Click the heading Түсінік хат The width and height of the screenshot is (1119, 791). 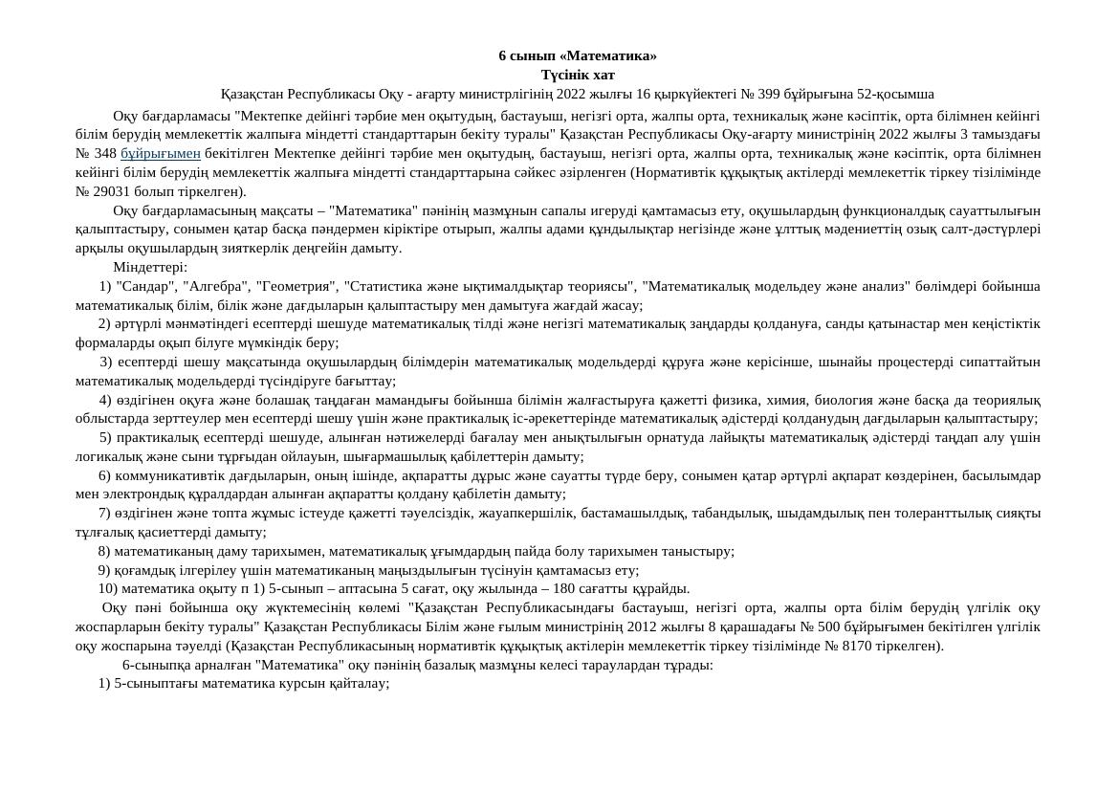[578, 75]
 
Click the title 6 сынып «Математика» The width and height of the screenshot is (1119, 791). [578, 55]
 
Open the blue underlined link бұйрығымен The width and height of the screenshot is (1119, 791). [161, 153]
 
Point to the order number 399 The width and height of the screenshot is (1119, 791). [769, 94]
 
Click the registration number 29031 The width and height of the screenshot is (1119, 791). [111, 191]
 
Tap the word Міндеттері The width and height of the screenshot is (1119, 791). [150, 267]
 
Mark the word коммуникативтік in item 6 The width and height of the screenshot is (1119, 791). [167, 475]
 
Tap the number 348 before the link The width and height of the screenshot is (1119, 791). [105, 153]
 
